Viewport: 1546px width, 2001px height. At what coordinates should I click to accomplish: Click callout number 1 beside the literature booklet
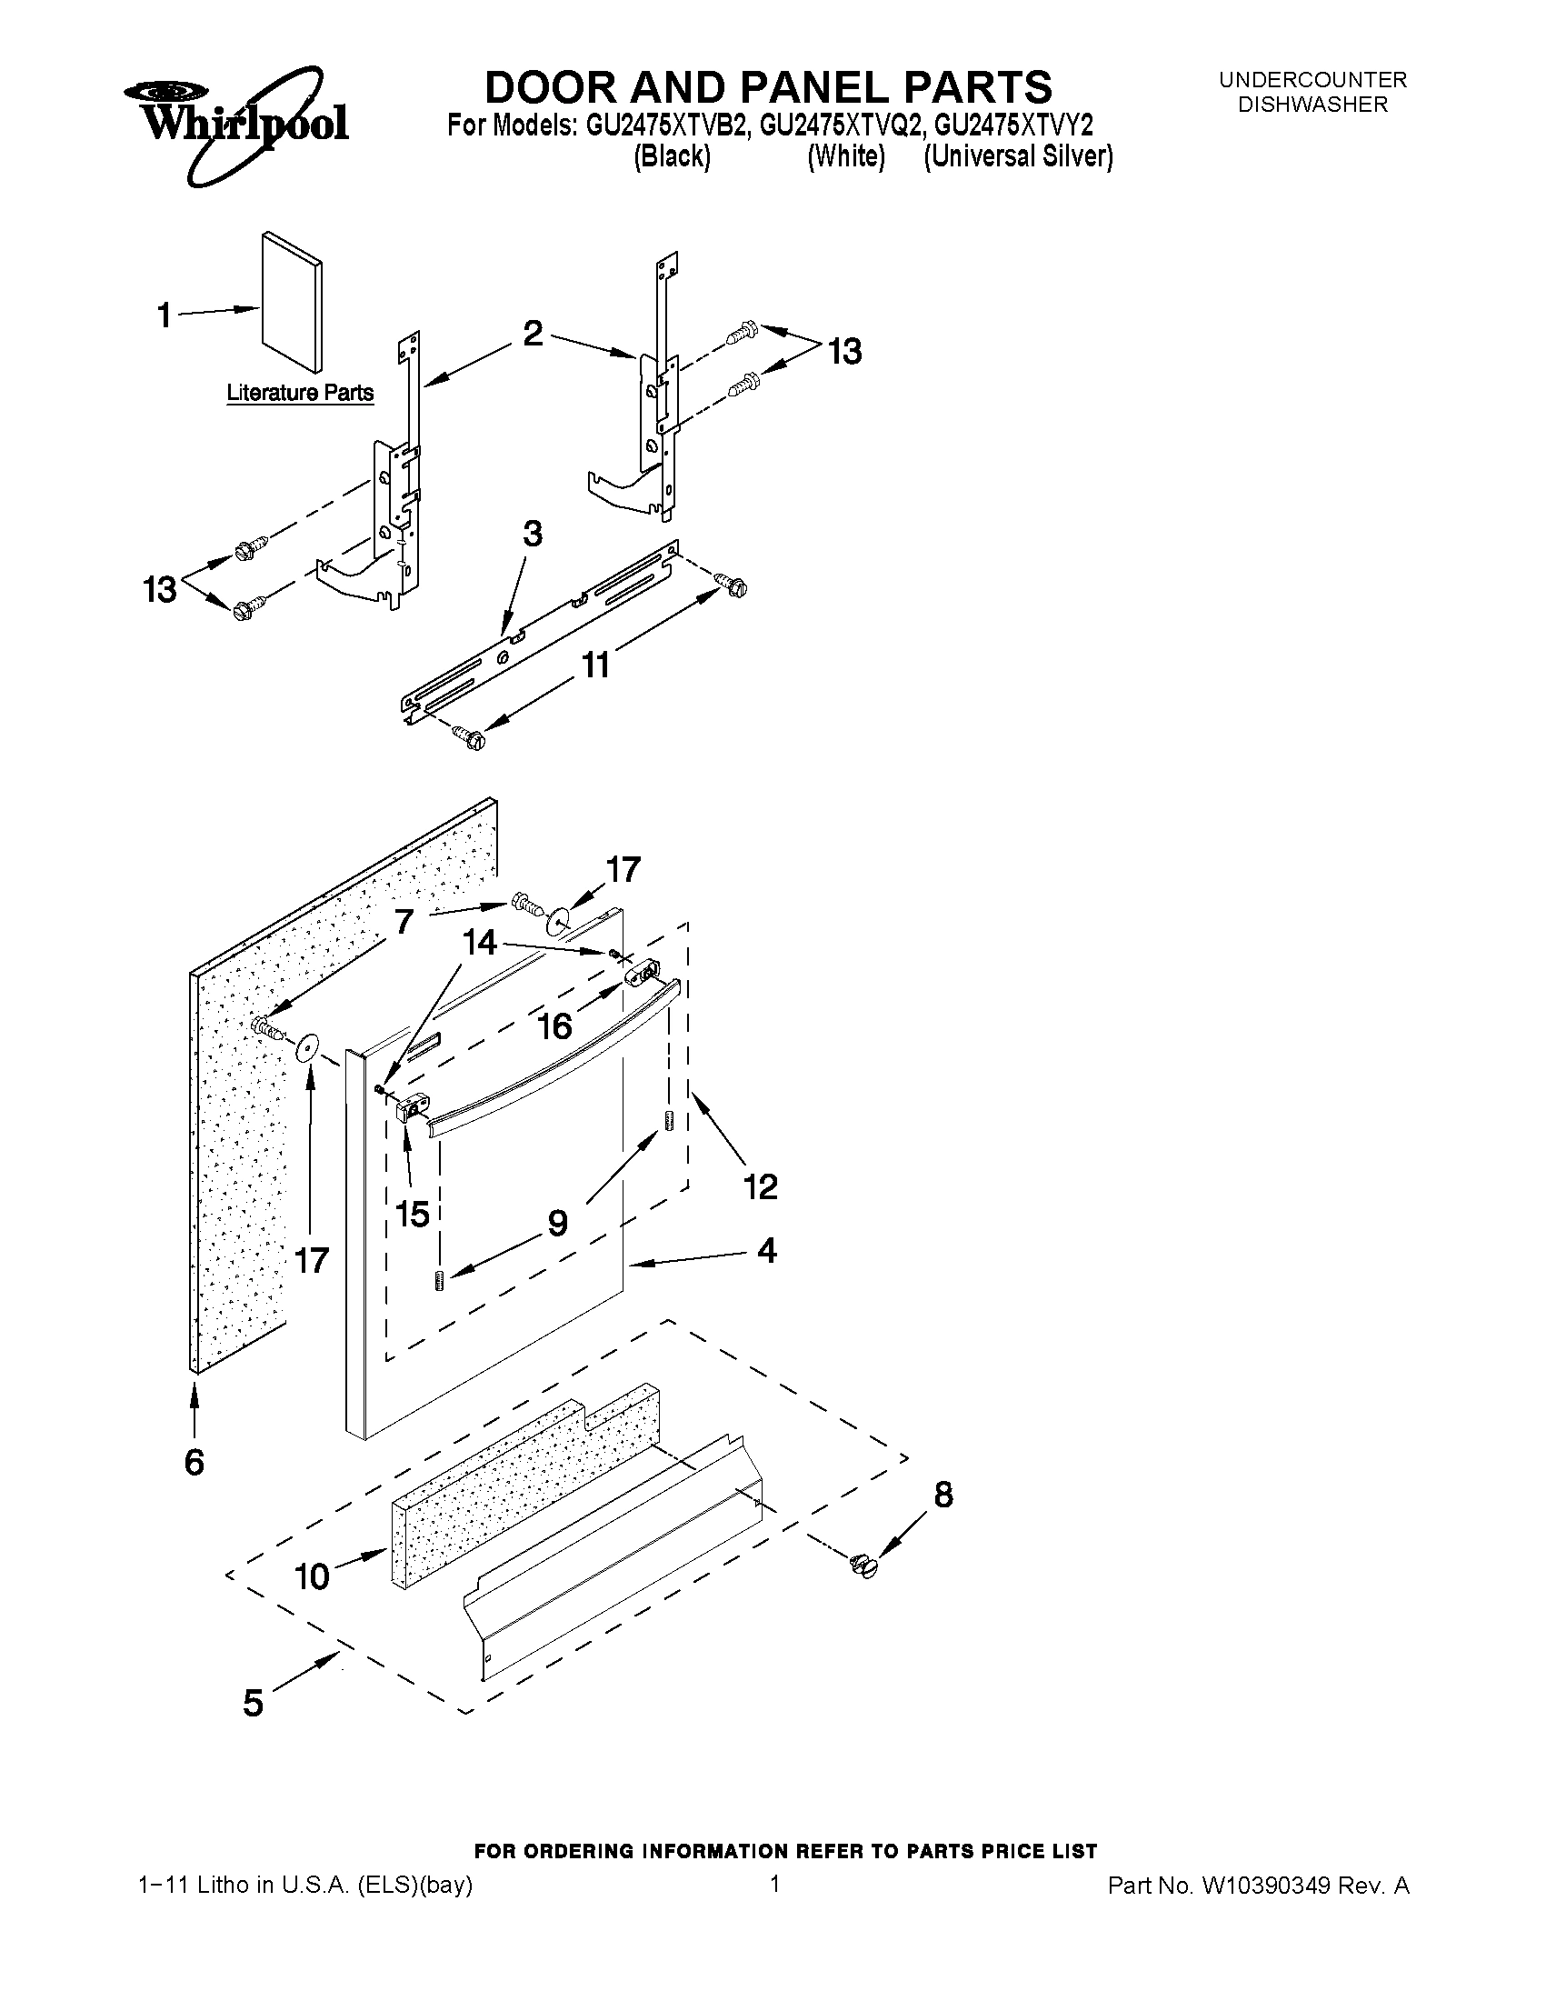point(164,316)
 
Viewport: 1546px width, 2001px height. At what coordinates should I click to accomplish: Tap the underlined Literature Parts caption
point(300,393)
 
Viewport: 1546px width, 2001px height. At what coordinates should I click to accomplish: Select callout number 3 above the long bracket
point(531,535)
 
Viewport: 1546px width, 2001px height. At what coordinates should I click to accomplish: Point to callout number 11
point(595,665)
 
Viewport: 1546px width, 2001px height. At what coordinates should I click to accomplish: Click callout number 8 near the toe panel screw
point(943,1495)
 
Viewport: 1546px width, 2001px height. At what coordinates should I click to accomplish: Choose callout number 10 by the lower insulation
point(312,1576)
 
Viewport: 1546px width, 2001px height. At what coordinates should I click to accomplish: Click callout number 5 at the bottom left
point(253,1703)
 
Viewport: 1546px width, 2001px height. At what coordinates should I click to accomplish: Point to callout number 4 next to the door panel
point(766,1251)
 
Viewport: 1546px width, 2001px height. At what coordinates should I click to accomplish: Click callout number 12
point(760,1186)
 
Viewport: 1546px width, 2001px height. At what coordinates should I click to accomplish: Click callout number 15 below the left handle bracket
point(412,1214)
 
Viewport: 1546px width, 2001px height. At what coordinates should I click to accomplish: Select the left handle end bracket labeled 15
point(410,1110)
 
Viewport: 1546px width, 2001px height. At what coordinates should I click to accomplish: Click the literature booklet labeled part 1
point(291,304)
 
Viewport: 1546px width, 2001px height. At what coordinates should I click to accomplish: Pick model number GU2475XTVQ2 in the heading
point(846,125)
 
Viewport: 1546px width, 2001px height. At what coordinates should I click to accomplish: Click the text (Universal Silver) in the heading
point(1018,157)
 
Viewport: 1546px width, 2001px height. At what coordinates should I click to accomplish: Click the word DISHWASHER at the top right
point(1312,105)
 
